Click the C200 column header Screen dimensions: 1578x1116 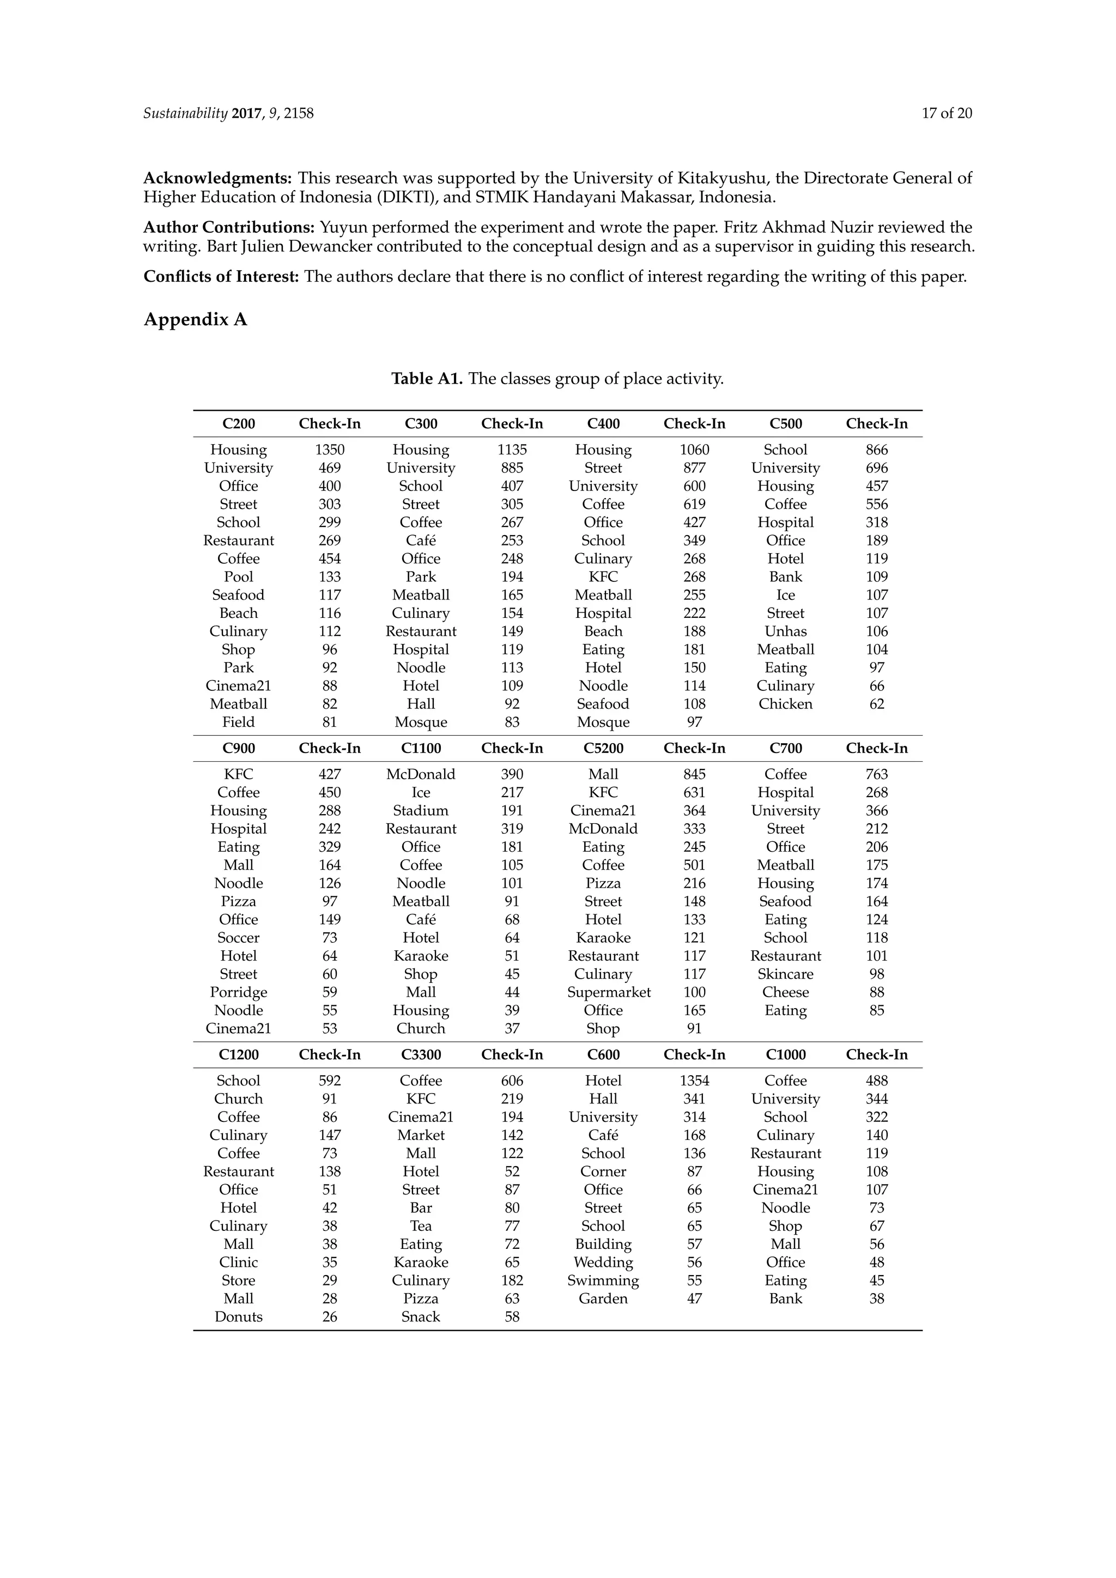239,424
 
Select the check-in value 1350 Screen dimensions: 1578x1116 329,450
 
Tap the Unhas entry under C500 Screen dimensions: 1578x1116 785,632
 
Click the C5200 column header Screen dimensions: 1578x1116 603,749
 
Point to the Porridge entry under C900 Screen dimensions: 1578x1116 239,992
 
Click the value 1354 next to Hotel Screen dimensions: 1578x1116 694,1081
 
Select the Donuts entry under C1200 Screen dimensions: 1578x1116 239,1317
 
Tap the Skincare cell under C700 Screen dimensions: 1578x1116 785,975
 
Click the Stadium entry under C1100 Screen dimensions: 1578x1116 421,811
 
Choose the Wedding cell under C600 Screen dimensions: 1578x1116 603,1263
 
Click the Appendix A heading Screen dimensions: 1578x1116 195,320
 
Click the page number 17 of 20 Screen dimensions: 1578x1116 947,113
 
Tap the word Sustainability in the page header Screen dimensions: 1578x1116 185,113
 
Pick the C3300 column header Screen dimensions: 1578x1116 421,1055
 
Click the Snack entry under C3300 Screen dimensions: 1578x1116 421,1317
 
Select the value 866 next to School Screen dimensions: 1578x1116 876,450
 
